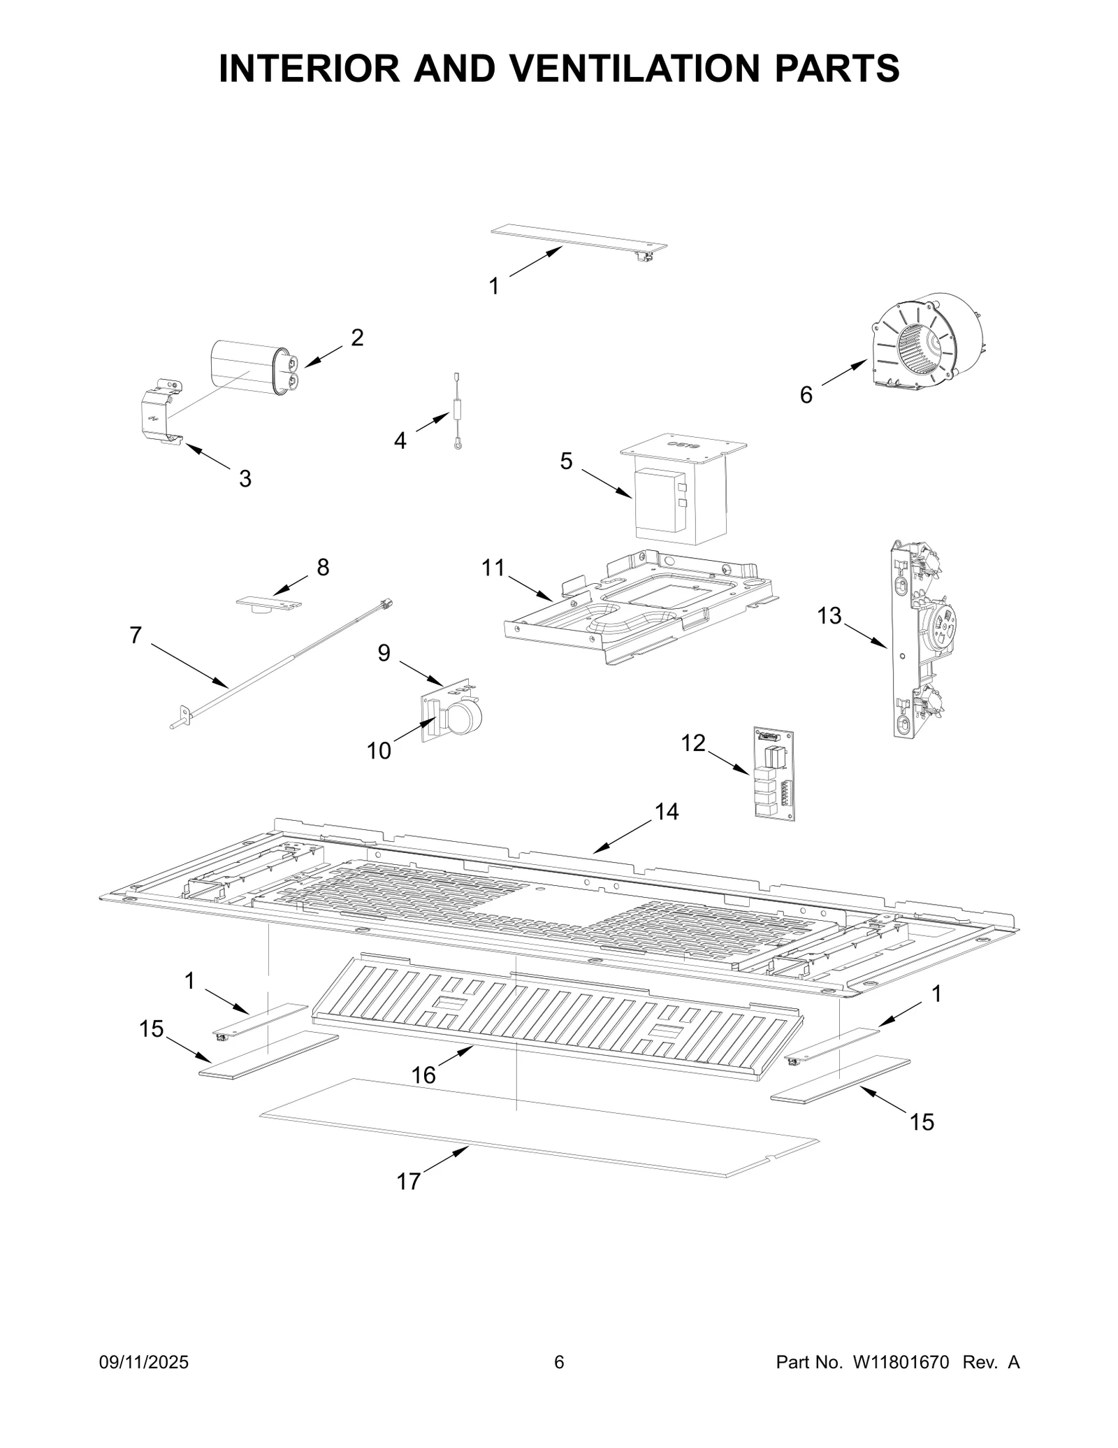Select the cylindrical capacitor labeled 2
click(250, 368)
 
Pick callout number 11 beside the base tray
click(493, 568)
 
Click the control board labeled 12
click(774, 774)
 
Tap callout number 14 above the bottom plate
click(667, 811)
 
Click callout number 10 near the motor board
click(379, 751)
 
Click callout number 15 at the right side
click(922, 1121)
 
